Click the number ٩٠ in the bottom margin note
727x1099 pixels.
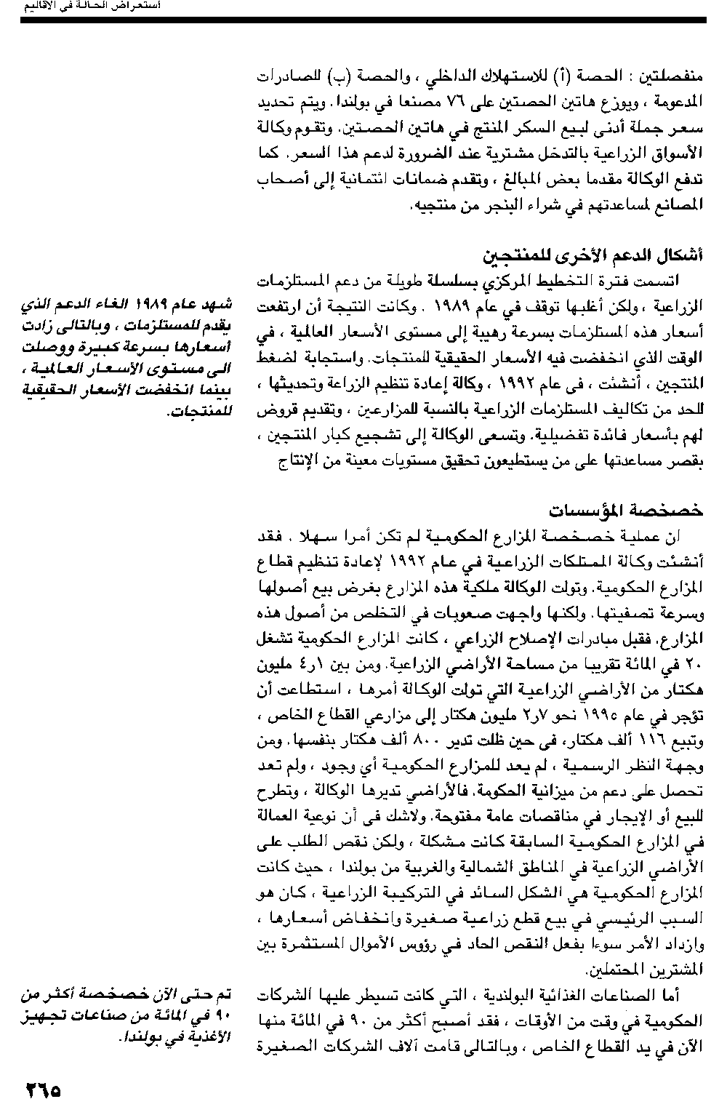click(219, 1012)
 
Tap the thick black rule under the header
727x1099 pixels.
click(363, 20)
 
